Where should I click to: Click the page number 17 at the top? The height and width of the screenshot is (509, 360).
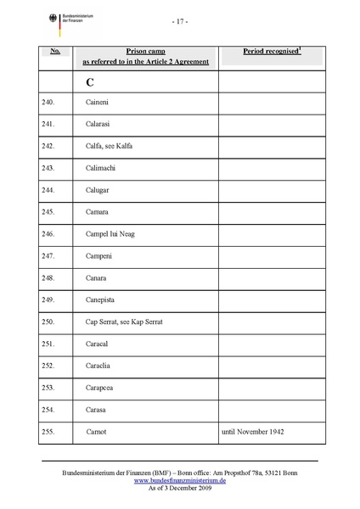[x=179, y=20]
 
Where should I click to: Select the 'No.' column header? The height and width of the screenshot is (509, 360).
[x=54, y=52]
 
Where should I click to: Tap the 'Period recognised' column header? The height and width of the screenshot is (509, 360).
[x=272, y=52]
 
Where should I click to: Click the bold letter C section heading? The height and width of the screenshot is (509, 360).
[x=90, y=82]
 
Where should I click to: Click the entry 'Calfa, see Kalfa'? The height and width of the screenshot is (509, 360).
[x=110, y=146]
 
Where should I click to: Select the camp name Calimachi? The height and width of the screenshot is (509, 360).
[x=104, y=168]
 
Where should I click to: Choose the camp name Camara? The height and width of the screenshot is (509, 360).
[x=98, y=211]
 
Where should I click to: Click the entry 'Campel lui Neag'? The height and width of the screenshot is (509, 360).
[x=110, y=233]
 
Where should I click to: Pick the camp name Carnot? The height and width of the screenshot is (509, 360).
[x=98, y=432]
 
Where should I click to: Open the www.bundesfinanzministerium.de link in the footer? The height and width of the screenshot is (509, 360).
[x=180, y=480]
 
